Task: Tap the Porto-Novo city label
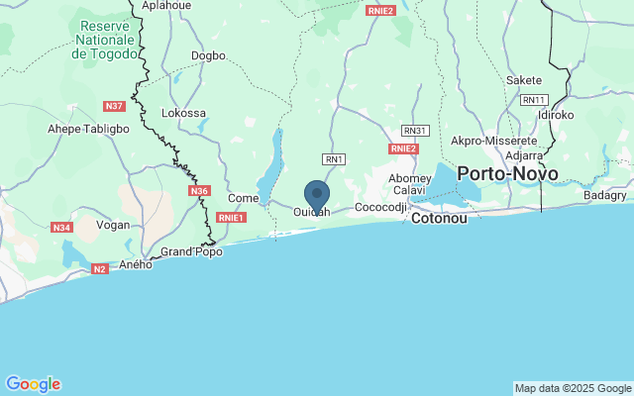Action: coord(508,174)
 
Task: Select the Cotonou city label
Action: coord(438,218)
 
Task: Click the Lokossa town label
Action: coord(183,113)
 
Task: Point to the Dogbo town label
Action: coord(208,56)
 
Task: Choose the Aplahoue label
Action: coord(165,5)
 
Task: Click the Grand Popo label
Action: coord(191,251)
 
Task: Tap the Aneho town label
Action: coord(136,264)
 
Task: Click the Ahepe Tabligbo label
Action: coord(88,129)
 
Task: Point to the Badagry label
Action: coord(605,196)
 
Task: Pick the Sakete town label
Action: coord(524,80)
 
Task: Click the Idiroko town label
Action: coord(556,115)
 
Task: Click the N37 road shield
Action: coord(114,106)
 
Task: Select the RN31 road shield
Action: coord(414,130)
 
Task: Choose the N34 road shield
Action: coord(62,228)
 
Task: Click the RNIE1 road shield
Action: coord(231,217)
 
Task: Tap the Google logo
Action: coord(33,384)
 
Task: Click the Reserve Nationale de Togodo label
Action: coord(104,40)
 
